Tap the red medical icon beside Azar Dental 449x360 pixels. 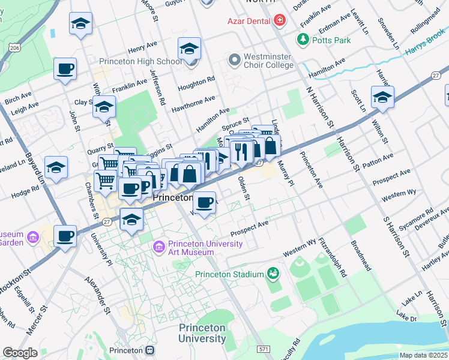pyautogui.click(x=279, y=22)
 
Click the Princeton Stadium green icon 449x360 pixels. pyautogui.click(x=273, y=274)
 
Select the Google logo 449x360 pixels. pyautogui.click(x=20, y=352)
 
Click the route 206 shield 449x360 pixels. pyautogui.click(x=16, y=47)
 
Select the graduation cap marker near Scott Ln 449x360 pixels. pyautogui.click(x=382, y=97)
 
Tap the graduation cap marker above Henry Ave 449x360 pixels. pyautogui.click(x=80, y=23)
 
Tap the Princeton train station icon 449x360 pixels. pyautogui.click(x=149, y=350)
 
